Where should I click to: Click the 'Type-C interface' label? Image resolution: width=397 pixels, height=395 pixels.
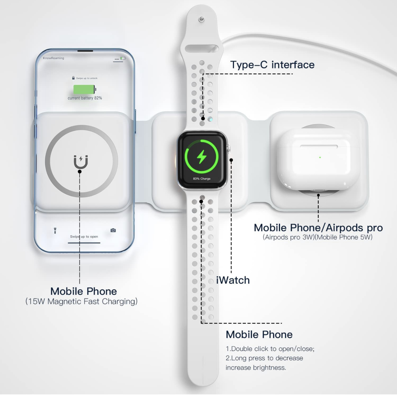(272, 65)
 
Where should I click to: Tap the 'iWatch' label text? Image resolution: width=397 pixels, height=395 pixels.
(233, 280)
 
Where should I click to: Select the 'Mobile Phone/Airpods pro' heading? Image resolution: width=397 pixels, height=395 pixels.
(318, 228)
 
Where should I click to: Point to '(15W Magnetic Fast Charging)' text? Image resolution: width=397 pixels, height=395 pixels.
(81, 301)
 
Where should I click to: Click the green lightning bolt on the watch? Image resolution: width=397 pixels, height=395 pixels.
(202, 157)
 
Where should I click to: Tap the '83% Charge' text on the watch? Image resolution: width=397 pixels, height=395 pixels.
(202, 178)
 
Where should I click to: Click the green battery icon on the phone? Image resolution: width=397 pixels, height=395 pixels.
(85, 90)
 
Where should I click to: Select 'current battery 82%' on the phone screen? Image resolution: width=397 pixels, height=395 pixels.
(85, 98)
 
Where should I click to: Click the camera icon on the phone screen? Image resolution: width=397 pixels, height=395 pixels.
(113, 230)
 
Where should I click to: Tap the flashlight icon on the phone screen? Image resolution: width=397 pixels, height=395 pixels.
(55, 230)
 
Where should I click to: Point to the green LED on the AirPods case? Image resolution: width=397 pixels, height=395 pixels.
(320, 157)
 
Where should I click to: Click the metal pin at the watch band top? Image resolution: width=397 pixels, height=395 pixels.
(201, 19)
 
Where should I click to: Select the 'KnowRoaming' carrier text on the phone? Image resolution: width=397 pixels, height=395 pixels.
(54, 58)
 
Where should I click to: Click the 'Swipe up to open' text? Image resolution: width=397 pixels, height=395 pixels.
(84, 237)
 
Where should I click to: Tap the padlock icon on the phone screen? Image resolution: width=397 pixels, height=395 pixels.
(73, 78)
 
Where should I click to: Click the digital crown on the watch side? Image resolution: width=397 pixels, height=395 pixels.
(228, 149)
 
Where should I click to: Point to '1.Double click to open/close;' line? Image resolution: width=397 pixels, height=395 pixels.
(270, 349)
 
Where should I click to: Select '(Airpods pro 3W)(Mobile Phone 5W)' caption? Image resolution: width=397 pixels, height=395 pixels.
(318, 237)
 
